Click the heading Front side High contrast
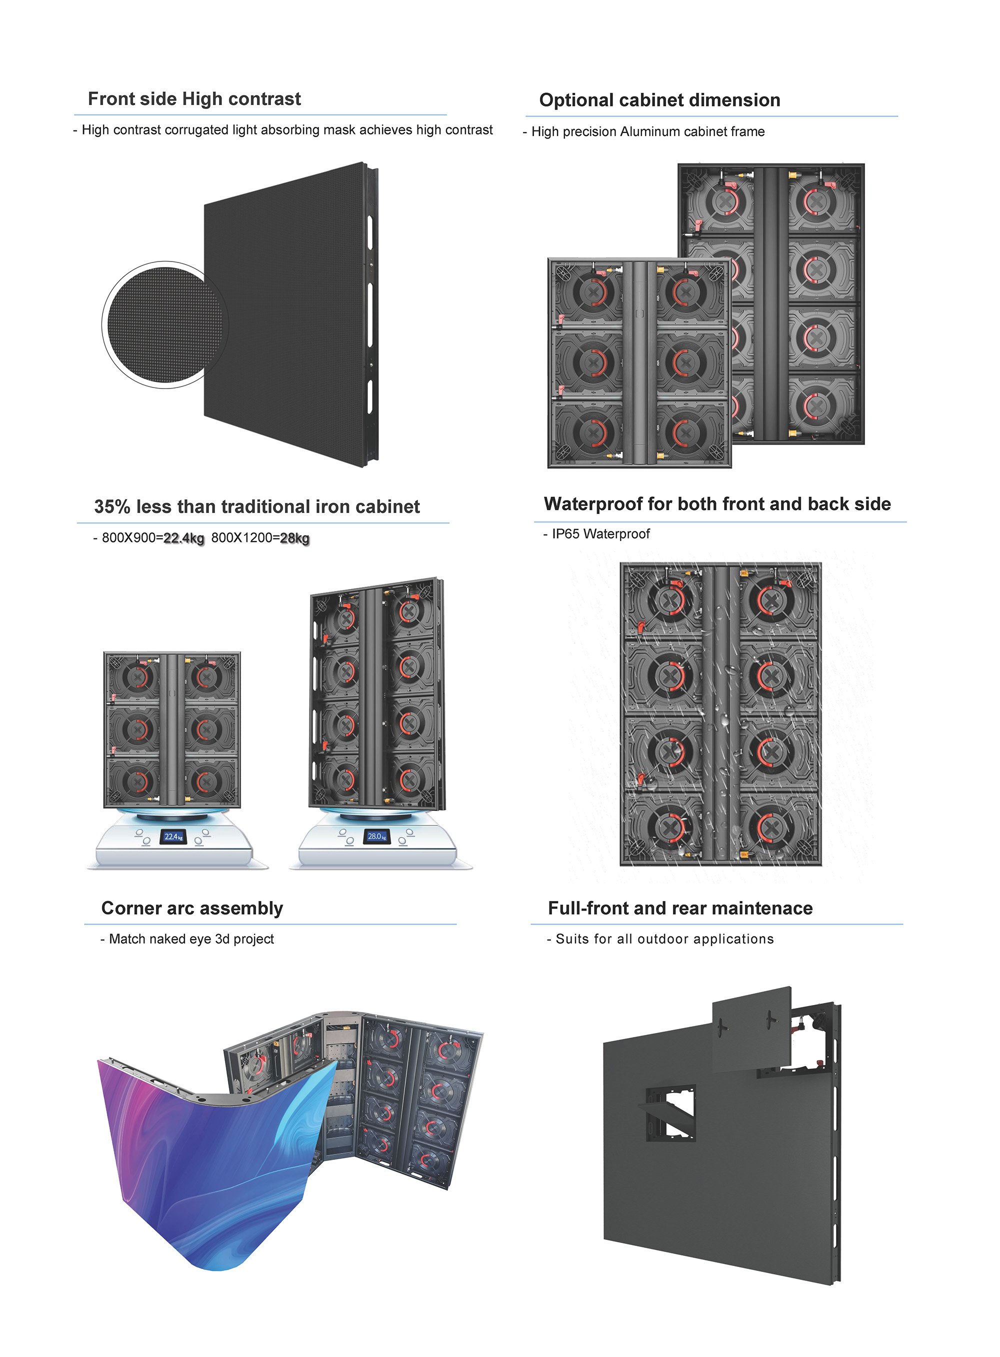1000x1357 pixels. click(194, 98)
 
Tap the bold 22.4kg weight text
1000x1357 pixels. click(184, 538)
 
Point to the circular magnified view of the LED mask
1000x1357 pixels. click(164, 324)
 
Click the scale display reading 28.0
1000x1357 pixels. click(376, 836)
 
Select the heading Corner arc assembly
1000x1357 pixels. click(192, 908)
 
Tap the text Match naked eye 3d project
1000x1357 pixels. click(191, 939)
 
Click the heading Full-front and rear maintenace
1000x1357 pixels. click(680, 908)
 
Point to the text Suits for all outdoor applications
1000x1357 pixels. click(664, 939)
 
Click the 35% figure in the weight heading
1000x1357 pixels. click(112, 506)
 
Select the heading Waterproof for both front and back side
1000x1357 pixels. click(717, 503)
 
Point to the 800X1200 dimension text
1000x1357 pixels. click(241, 538)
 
